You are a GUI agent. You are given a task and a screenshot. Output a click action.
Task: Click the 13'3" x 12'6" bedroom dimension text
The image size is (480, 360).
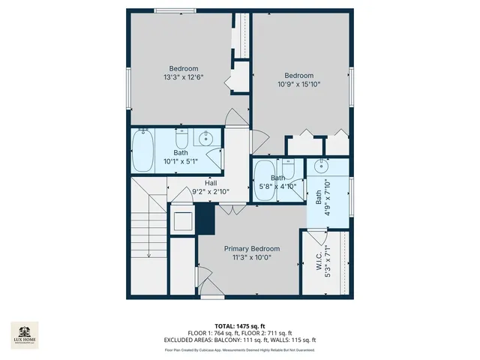184,77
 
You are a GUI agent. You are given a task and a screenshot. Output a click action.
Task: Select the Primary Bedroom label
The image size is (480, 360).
251,249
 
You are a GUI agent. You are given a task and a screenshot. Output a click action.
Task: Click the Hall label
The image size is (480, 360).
211,182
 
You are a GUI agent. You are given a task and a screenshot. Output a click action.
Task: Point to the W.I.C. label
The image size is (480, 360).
319,266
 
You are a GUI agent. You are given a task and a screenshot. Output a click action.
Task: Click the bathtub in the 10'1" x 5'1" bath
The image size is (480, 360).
142,151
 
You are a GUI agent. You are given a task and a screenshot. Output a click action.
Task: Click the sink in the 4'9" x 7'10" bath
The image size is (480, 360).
320,166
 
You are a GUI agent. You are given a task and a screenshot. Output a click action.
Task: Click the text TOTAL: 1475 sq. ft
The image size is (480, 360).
239,326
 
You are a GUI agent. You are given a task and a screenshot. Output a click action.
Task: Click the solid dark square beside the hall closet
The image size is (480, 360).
205,219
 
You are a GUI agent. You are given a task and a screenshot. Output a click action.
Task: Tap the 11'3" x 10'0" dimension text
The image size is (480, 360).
251,257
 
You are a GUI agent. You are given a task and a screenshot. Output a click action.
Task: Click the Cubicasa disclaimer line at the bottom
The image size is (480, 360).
239,349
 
